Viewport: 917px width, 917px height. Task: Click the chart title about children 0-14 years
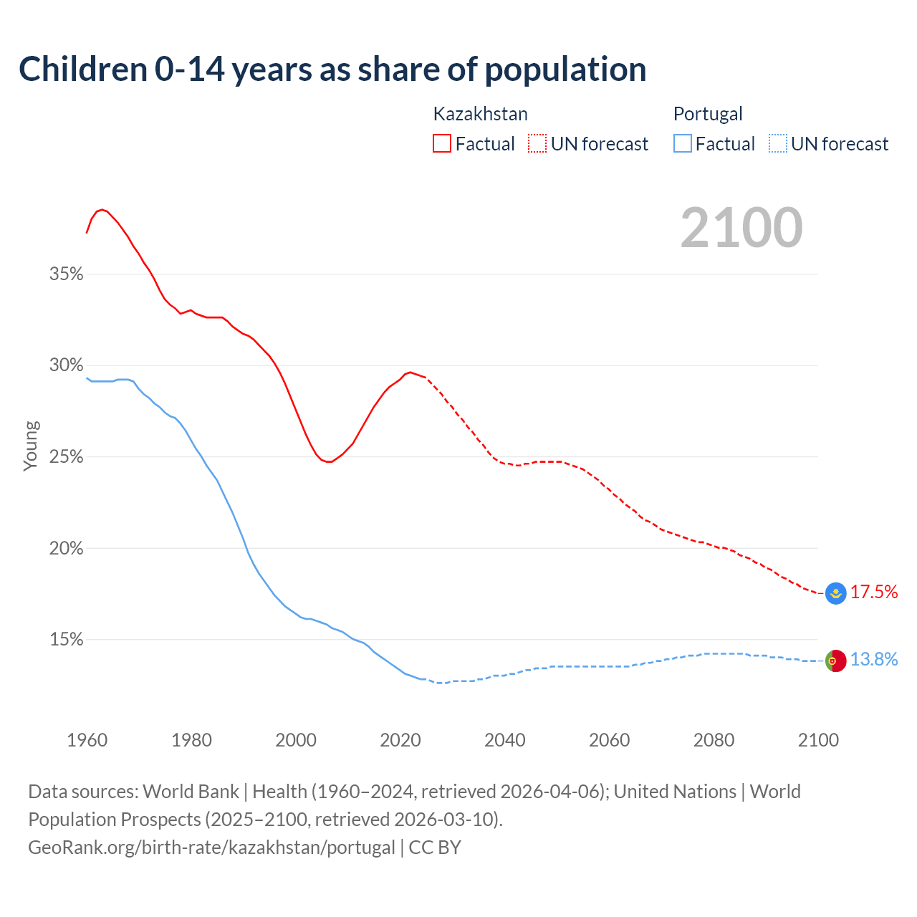pyautogui.click(x=332, y=69)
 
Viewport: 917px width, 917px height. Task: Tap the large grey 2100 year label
pyautogui.click(x=741, y=228)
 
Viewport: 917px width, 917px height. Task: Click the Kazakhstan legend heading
pyautogui.click(x=480, y=114)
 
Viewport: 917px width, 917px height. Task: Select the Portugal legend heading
pyautogui.click(x=708, y=114)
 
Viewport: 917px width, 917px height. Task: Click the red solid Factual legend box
pyautogui.click(x=442, y=144)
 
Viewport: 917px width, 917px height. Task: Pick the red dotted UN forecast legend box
pyautogui.click(x=537, y=144)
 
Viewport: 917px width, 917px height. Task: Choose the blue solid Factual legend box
pyautogui.click(x=683, y=144)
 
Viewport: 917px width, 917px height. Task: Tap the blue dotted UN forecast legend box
pyautogui.click(x=778, y=144)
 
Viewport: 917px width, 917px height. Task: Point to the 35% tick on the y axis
pyautogui.click(x=67, y=274)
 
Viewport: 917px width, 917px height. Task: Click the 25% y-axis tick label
pyautogui.click(x=67, y=457)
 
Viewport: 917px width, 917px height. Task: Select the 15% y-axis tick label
pyautogui.click(x=67, y=640)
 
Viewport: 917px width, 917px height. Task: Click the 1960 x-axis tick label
pyautogui.click(x=87, y=740)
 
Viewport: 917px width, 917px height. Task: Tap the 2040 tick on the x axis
pyautogui.click(x=505, y=740)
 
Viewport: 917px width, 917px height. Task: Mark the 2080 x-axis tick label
pyautogui.click(x=714, y=740)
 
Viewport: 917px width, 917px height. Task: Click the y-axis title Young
pyautogui.click(x=31, y=446)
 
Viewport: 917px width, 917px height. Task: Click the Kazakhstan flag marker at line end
pyautogui.click(x=835, y=593)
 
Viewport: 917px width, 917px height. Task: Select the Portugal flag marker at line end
pyautogui.click(x=835, y=661)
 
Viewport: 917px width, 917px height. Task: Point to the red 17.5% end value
pyautogui.click(x=874, y=592)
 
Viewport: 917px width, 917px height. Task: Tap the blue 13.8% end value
pyautogui.click(x=874, y=660)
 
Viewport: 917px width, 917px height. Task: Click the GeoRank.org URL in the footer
pyautogui.click(x=211, y=848)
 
